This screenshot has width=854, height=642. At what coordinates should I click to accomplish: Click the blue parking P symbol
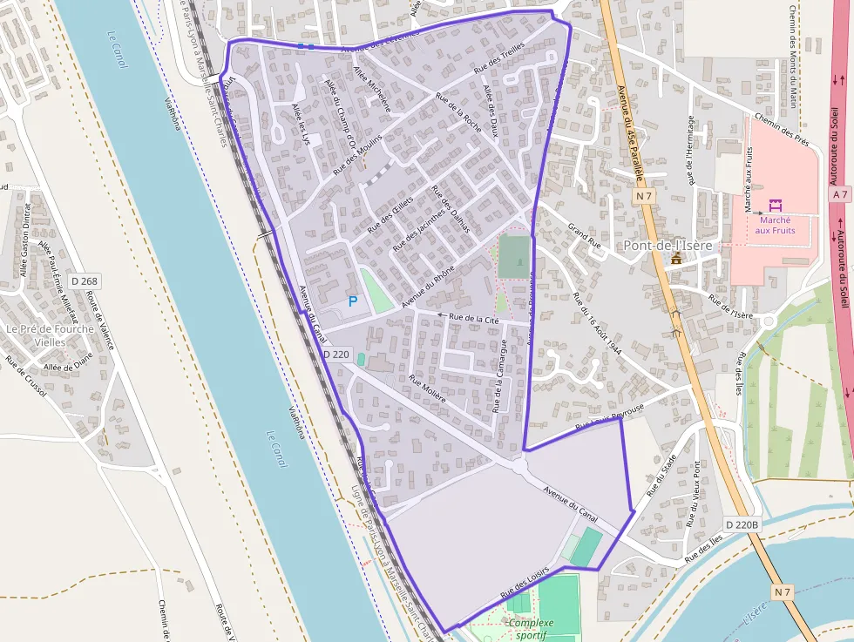pyautogui.click(x=353, y=301)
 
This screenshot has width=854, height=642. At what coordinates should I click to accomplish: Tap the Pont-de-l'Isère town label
pyautogui.click(x=668, y=245)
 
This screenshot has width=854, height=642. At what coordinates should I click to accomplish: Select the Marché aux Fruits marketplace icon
pyautogui.click(x=775, y=206)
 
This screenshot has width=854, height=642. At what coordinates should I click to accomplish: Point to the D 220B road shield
pyautogui.click(x=742, y=524)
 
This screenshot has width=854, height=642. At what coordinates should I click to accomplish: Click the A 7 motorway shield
pyautogui.click(x=839, y=195)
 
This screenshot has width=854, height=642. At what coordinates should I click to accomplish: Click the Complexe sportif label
pyautogui.click(x=531, y=629)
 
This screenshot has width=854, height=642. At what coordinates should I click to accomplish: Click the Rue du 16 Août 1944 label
pyautogui.click(x=597, y=322)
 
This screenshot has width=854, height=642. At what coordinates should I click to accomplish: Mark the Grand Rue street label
pyautogui.click(x=585, y=237)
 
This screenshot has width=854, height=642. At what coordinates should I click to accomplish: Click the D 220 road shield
pyautogui.click(x=335, y=355)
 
